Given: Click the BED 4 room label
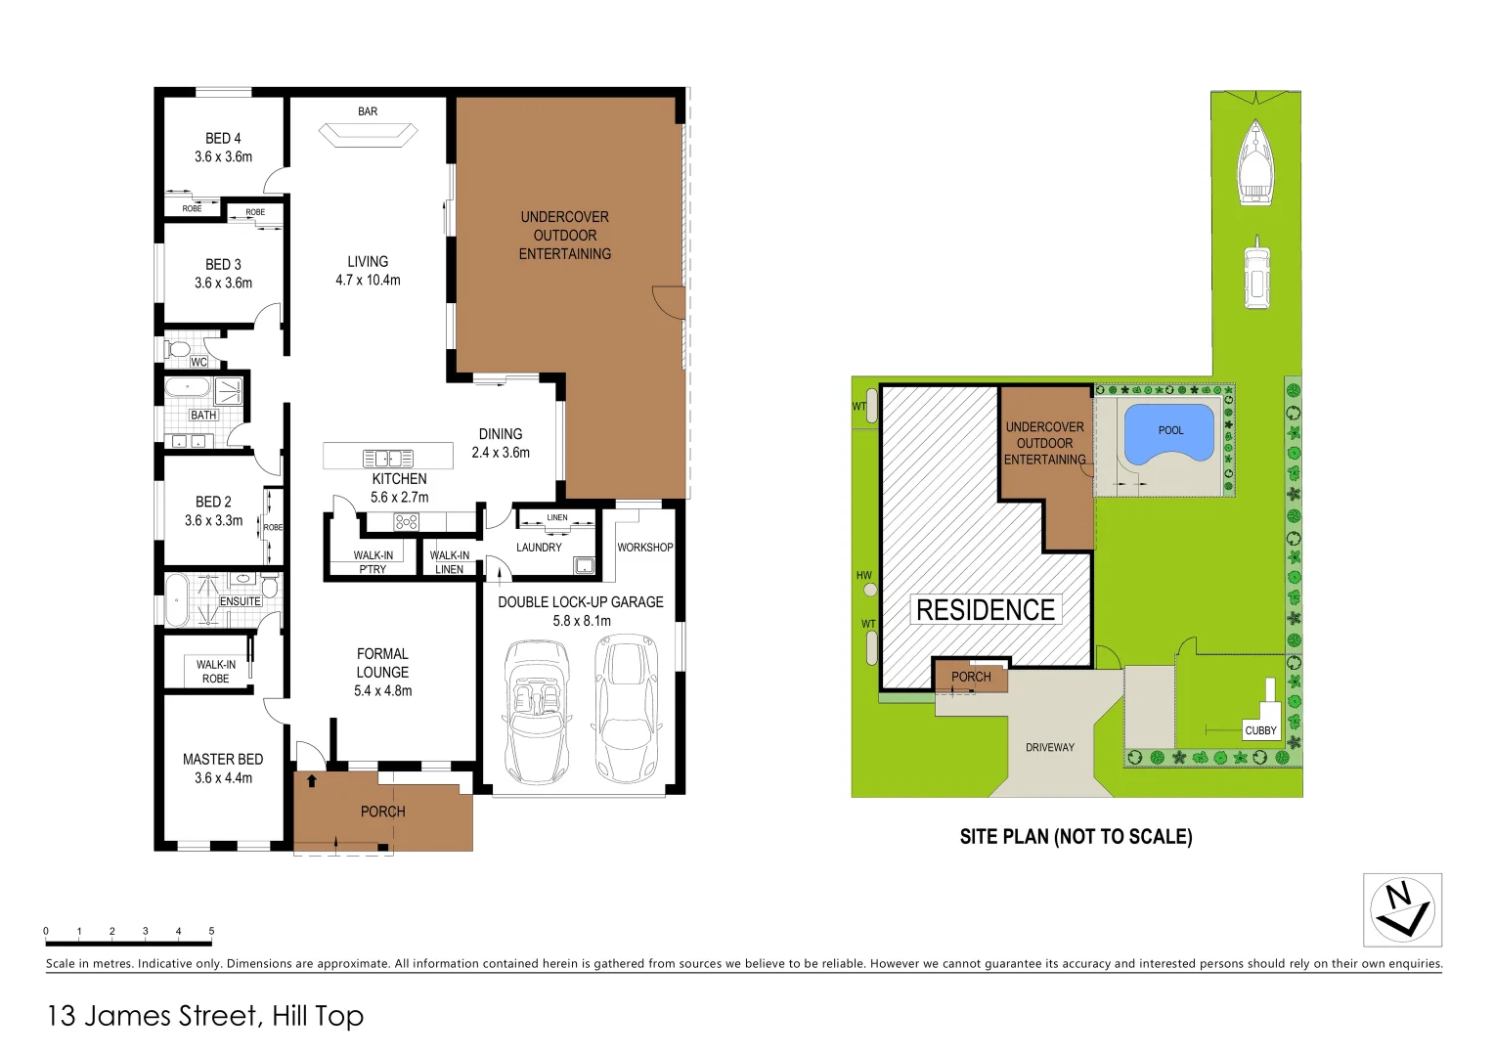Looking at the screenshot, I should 223,139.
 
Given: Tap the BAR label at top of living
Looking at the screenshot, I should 368,111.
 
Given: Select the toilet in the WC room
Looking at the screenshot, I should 178,348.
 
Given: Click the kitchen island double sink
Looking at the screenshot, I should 388,458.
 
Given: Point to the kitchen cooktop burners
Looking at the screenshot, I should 406,522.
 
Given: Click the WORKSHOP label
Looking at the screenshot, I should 644,548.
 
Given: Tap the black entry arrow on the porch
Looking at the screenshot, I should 311,780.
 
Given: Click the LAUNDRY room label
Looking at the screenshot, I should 539,548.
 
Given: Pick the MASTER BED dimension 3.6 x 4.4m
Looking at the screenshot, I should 223,778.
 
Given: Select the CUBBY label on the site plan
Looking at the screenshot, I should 1260,730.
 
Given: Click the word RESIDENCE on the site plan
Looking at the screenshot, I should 986,610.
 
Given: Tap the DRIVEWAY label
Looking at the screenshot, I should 1049,747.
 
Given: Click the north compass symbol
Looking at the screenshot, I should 1402,910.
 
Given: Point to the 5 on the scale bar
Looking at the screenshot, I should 211,931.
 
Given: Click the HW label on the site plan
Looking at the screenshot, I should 863,576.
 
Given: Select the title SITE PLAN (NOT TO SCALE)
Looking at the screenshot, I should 1076,837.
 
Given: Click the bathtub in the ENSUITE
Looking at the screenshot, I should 176,599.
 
